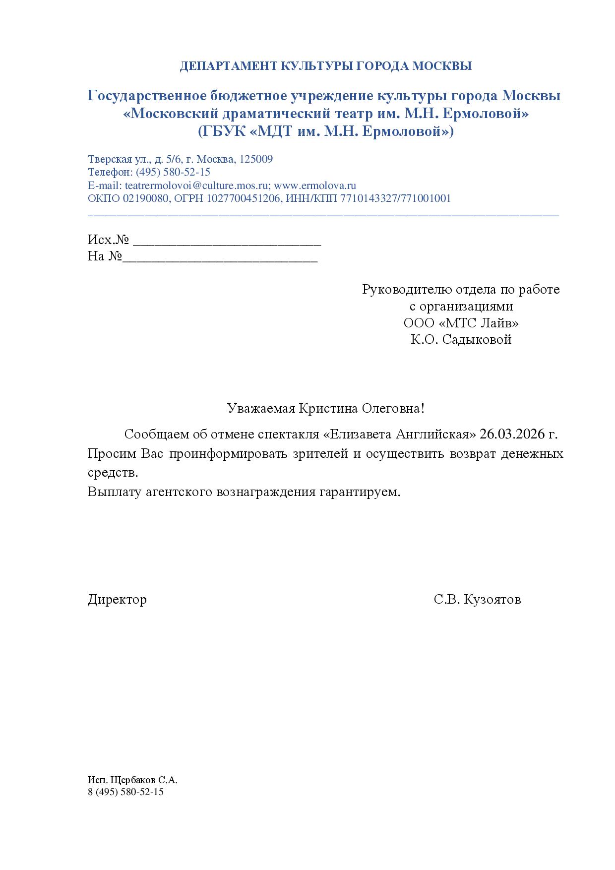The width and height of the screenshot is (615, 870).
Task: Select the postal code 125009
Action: pyautogui.click(x=256, y=159)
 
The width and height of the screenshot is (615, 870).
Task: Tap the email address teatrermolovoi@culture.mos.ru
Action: pyautogui.click(x=196, y=186)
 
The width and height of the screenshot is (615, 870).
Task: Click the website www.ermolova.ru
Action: pyautogui.click(x=315, y=186)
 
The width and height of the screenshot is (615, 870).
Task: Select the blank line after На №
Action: pyautogui.click(x=220, y=258)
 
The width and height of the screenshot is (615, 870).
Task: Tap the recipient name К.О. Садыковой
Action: pyautogui.click(x=461, y=340)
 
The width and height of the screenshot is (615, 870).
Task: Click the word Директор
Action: pyautogui.click(x=117, y=600)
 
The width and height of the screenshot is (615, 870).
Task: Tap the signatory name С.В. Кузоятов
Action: pyautogui.click(x=477, y=600)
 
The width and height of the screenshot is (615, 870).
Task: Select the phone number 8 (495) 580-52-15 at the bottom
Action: pyautogui.click(x=125, y=792)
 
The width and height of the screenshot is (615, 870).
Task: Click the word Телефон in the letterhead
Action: pyautogui.click(x=109, y=172)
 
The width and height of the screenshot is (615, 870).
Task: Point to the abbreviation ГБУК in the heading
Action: pyautogui.click(x=220, y=132)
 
